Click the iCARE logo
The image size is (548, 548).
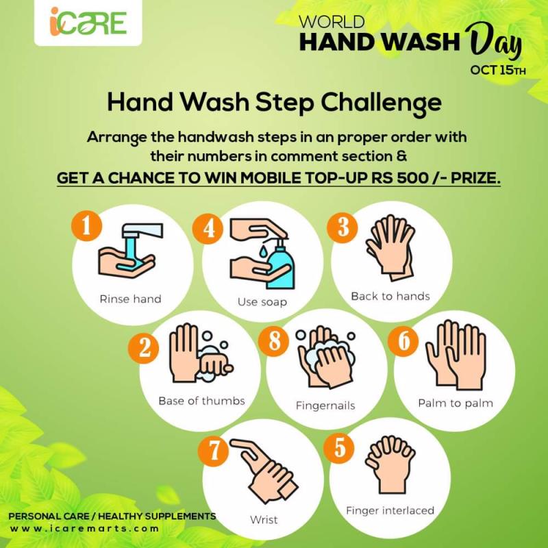click(88, 22)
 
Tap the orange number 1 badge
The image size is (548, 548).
click(87, 227)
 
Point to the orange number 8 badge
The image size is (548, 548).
click(275, 341)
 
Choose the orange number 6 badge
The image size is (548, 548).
click(403, 341)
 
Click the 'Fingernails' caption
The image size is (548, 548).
click(325, 406)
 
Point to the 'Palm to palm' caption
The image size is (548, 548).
click(456, 403)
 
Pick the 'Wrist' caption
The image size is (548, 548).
click(264, 520)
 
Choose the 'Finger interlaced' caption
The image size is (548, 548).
click(390, 510)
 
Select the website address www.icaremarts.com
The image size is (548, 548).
click(84, 529)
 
